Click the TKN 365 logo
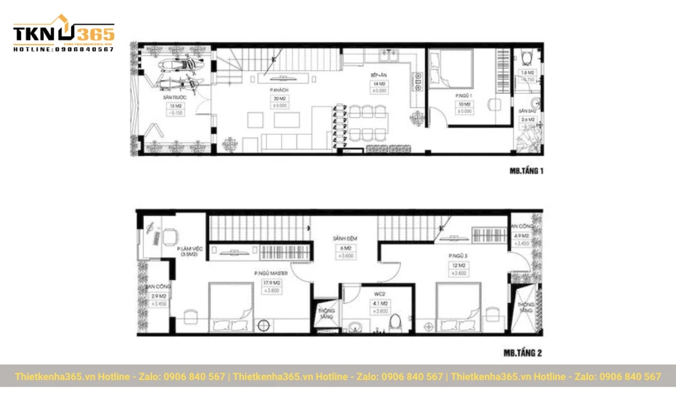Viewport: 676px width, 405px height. pos(64,34)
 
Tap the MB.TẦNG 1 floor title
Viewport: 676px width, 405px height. pos(526,171)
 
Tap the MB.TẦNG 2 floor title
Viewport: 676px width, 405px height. pos(522,352)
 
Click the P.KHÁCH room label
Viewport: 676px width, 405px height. pos(279,88)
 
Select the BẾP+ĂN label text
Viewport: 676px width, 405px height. pos(378,75)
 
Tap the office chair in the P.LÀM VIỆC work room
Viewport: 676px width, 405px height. pos(170,236)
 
